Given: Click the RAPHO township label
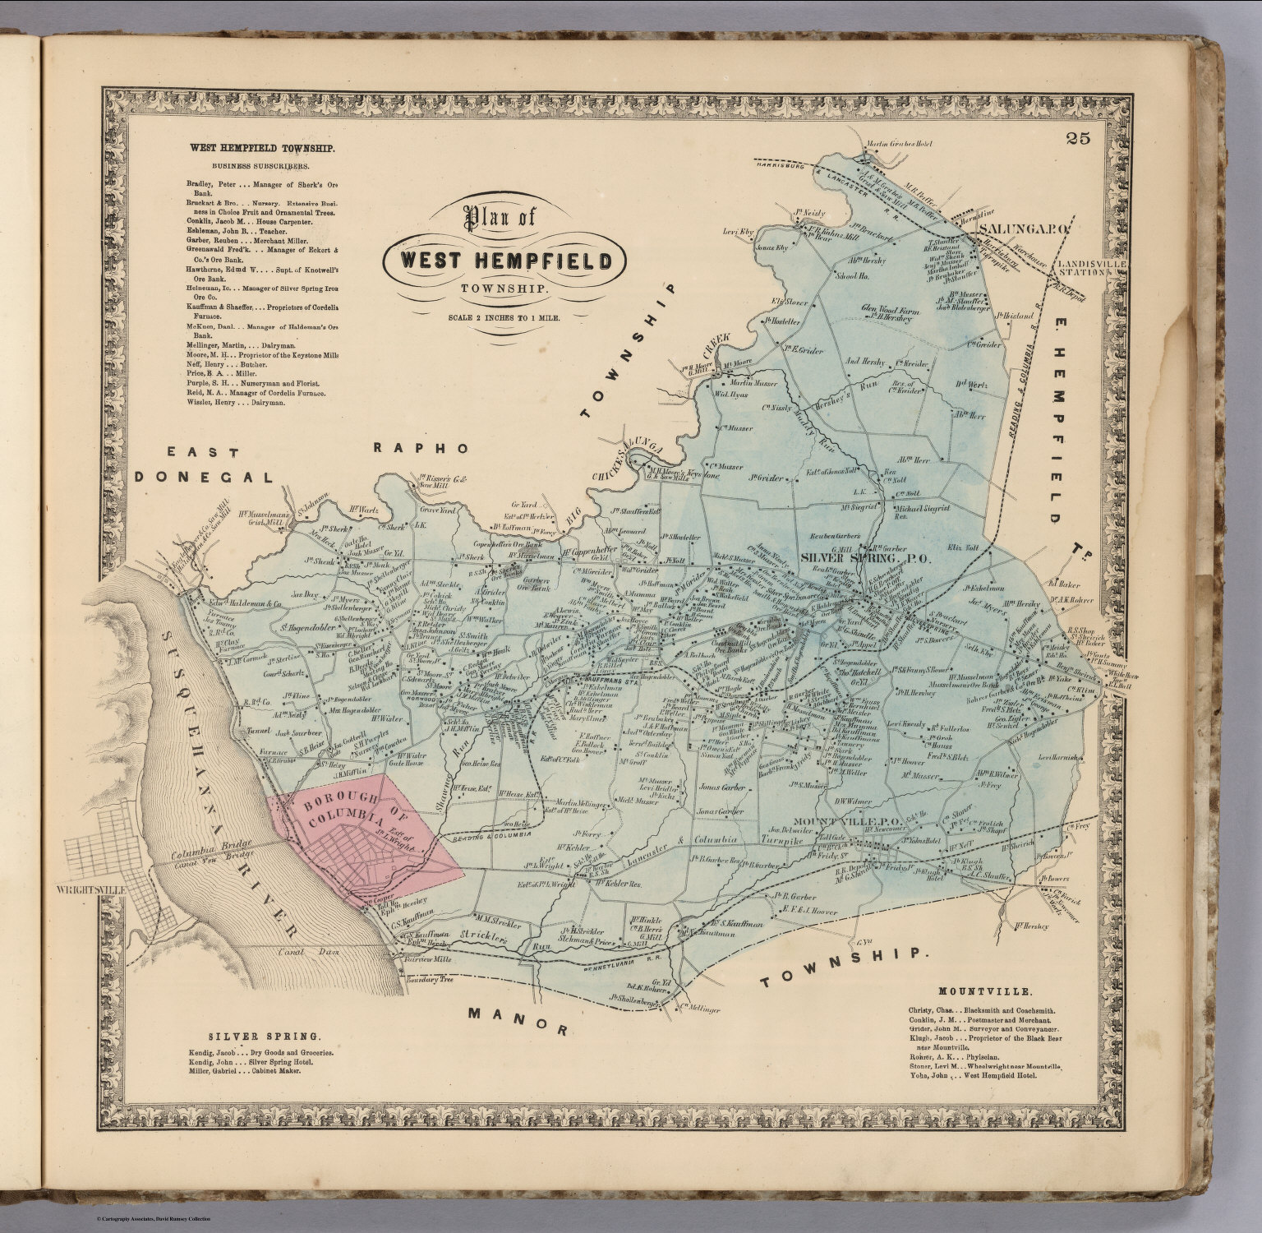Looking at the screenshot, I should click(421, 448).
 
